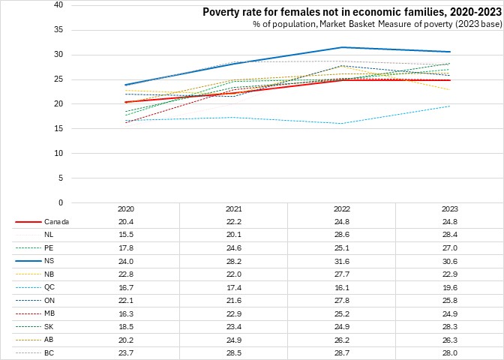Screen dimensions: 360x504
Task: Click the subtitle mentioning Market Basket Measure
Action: tap(376, 25)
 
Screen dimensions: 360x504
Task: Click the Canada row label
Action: tap(57, 222)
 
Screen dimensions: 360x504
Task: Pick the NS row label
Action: tap(49, 261)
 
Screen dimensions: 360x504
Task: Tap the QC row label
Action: tap(50, 287)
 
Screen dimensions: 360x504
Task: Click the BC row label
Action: tap(49, 352)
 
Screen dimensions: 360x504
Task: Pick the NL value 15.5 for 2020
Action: tap(125, 235)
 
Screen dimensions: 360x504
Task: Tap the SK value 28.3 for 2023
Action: tap(451, 326)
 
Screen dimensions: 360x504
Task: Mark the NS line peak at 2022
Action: tap(342, 47)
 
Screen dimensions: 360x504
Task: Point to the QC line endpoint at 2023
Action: tap(451, 106)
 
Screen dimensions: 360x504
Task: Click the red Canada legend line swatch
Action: tap(28, 222)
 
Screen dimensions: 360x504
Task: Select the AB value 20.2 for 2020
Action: tap(125, 340)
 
